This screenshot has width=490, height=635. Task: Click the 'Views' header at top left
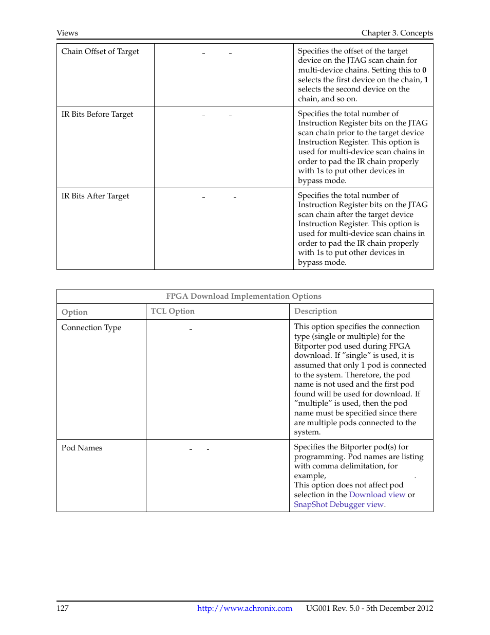67,33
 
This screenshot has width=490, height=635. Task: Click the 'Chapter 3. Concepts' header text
397,33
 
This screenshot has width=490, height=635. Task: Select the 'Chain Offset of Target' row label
100,51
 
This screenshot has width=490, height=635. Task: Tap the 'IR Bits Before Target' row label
97,114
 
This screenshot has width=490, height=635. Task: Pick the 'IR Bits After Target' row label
95,196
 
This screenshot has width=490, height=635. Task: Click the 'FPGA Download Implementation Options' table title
243,296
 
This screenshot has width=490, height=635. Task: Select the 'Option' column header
74,312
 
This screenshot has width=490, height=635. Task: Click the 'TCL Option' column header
173,311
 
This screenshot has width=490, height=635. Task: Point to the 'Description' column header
315,311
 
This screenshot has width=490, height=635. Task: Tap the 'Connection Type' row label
91,328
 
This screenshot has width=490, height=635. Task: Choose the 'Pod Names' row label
82,448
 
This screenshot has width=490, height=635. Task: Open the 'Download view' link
377,495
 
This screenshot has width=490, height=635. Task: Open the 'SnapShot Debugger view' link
338,504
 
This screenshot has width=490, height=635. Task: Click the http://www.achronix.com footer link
244,608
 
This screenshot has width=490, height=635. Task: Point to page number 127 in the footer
63,608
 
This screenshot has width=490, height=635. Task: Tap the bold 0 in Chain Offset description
424,70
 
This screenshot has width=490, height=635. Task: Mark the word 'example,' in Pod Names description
310,476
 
